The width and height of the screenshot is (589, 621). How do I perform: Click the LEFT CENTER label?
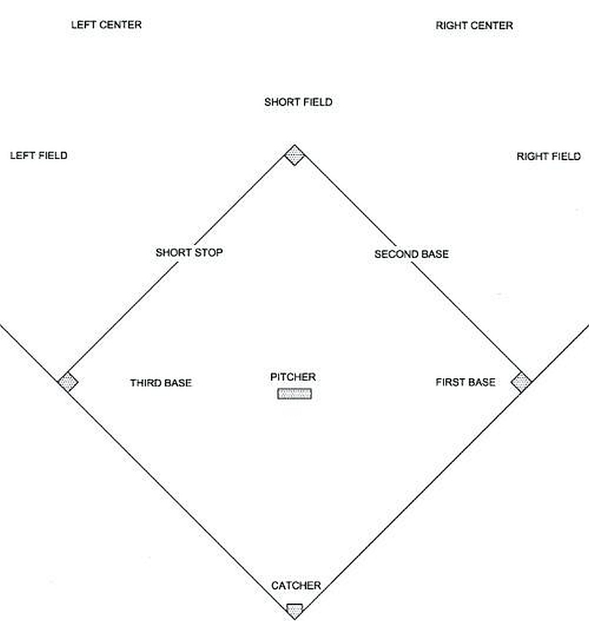(106, 25)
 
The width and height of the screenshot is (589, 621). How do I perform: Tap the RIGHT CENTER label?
(474, 25)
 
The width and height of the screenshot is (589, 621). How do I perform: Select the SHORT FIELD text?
(298, 102)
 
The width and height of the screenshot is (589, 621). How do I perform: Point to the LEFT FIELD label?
(39, 156)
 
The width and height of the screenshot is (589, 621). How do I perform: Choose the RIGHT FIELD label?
(548, 156)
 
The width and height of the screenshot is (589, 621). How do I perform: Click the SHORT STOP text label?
(189, 252)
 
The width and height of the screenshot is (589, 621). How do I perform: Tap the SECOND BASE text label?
(411, 254)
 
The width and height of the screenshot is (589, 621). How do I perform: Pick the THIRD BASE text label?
(161, 383)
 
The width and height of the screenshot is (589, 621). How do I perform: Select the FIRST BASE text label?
(465, 382)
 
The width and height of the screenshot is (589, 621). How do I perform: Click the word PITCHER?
(293, 377)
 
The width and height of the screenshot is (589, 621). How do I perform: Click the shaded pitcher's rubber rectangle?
(294, 394)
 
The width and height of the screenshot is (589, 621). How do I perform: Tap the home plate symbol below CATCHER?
(294, 609)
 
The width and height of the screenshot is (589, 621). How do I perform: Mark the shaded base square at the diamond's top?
(294, 155)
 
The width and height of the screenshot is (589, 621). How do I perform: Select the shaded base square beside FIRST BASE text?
(521, 381)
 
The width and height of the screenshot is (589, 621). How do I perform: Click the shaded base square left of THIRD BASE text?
(68, 382)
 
